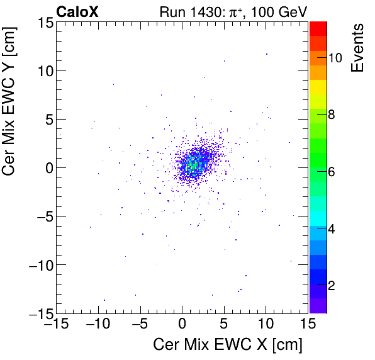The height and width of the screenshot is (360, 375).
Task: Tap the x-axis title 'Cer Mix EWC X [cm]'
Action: point(228,344)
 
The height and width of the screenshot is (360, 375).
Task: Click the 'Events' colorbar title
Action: point(357,48)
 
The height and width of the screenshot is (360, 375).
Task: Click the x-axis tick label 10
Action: point(266,323)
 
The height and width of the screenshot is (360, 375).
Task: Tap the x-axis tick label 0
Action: point(182,323)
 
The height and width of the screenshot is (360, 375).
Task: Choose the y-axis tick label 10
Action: point(43,70)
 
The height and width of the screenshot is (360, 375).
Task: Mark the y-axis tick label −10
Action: point(39,264)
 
